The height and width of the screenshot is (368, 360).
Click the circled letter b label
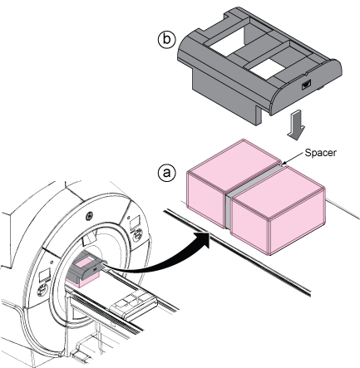[x=166, y=39]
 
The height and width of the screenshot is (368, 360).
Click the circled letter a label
[x=166, y=173]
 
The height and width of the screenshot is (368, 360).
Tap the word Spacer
[x=320, y=153]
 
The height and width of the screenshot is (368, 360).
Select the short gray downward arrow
[x=296, y=125]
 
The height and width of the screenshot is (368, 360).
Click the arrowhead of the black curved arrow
[x=202, y=238]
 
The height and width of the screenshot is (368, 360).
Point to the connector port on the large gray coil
[x=306, y=84]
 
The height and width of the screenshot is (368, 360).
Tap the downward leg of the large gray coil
[x=258, y=115]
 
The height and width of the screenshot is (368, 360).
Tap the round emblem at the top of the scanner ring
[x=89, y=214]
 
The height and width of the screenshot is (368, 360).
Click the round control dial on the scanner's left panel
[x=42, y=290]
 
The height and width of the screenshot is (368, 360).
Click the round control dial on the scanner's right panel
[x=137, y=236]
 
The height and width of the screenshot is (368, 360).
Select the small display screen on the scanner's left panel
[x=45, y=275]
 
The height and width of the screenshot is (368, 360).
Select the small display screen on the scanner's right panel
[x=136, y=222]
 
